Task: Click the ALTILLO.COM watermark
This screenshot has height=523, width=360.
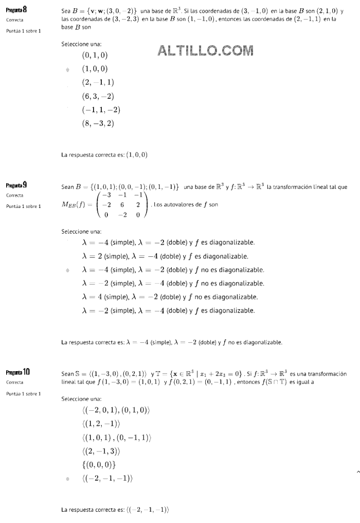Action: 206,50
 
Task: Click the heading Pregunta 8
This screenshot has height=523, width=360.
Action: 17,9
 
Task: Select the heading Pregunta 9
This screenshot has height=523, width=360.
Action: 17,185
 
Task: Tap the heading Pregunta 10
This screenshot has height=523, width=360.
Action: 18,372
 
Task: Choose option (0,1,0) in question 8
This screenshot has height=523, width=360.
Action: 95,55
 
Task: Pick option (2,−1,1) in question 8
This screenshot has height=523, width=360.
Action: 98,82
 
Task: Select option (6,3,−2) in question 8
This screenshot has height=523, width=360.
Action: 98,96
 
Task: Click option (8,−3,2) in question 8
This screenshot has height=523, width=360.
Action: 98,123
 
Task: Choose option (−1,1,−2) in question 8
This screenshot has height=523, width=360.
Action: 101,110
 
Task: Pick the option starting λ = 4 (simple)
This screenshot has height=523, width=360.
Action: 170,297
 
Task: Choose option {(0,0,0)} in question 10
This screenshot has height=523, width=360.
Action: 99,465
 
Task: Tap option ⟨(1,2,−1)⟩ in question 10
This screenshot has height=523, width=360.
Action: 101,424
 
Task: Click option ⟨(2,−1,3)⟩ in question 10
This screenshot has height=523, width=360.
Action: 101,451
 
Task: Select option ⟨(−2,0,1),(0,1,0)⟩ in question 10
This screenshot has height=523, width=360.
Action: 116,410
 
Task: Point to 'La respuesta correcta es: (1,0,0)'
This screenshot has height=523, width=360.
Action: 104,154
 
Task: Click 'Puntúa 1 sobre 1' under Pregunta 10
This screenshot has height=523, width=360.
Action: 23,394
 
